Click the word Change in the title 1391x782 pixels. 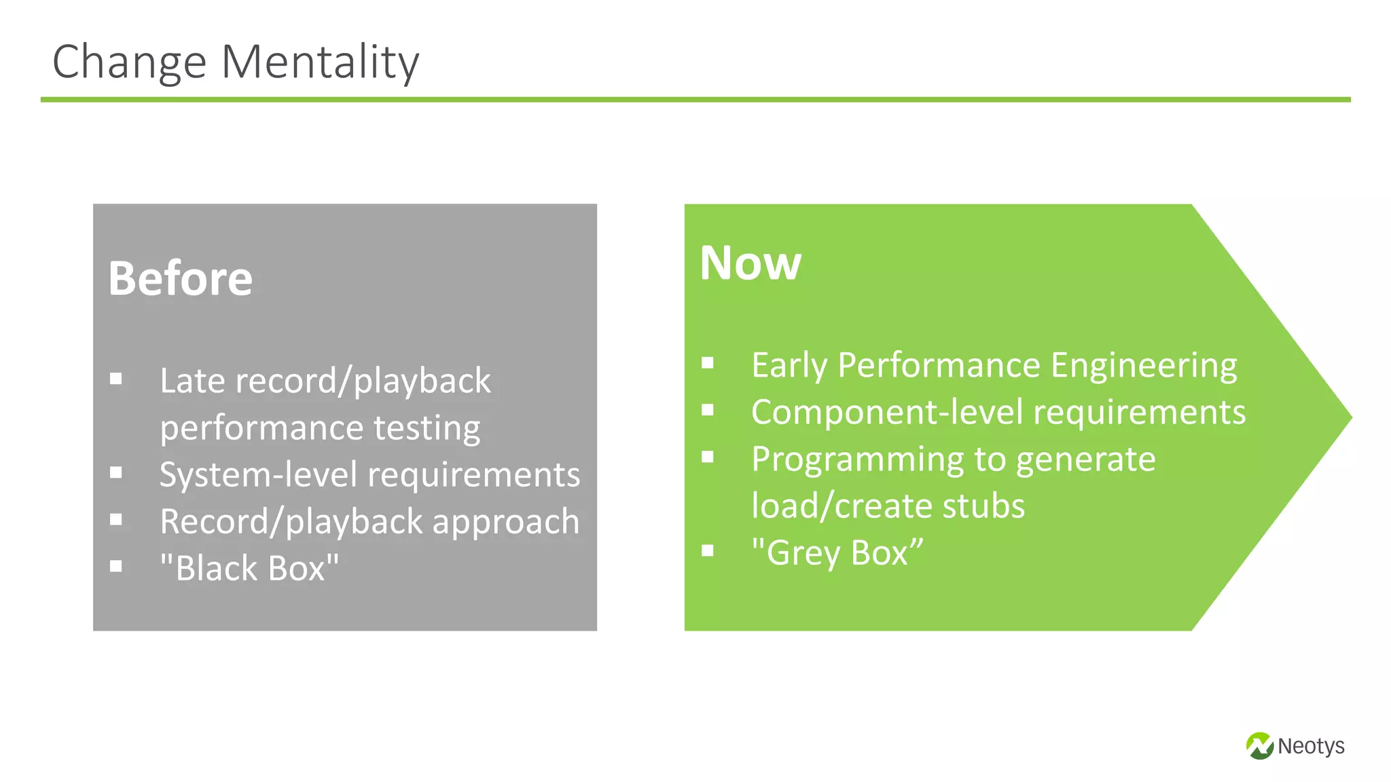click(129, 62)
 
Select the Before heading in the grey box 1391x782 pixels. click(180, 279)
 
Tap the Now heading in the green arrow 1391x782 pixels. click(750, 263)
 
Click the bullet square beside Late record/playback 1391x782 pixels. click(116, 379)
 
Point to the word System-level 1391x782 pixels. click(257, 474)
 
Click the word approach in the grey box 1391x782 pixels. click(505, 522)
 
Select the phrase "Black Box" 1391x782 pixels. click(249, 568)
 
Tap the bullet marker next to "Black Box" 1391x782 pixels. click(116, 565)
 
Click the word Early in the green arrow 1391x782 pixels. click(789, 365)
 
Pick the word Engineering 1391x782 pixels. click(1144, 365)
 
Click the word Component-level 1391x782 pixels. click(886, 412)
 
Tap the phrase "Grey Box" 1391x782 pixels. click(837, 553)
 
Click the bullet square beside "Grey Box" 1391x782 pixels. click(708, 550)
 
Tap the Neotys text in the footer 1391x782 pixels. click(1310, 746)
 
